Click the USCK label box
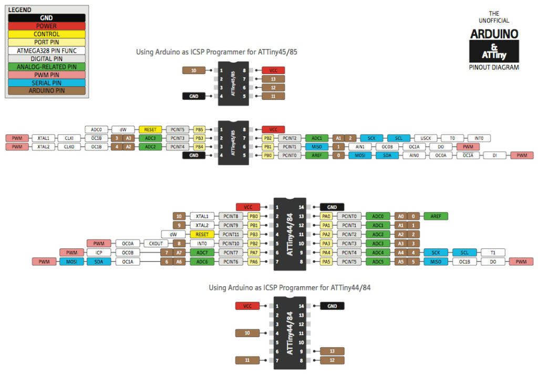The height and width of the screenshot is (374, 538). point(426,138)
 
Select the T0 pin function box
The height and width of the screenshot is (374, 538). point(452,138)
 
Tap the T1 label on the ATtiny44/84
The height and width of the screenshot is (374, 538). point(492,252)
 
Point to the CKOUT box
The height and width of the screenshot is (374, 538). point(156,244)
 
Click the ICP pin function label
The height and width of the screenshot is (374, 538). point(99,252)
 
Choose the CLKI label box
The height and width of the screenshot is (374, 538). point(69,138)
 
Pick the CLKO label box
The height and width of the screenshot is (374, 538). point(69,147)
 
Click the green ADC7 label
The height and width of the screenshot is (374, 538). point(202,252)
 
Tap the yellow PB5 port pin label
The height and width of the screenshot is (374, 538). point(199,129)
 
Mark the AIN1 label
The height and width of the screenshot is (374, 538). point(360,147)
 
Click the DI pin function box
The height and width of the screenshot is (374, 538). point(495,156)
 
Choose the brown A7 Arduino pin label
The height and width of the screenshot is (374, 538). point(179,252)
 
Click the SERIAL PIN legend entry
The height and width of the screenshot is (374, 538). point(46,83)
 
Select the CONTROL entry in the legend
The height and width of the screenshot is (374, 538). point(46,34)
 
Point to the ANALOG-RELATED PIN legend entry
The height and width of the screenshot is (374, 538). point(46,67)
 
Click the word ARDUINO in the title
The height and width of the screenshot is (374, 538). point(494,34)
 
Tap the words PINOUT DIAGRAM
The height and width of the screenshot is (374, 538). point(494,67)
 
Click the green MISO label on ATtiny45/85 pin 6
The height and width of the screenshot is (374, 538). point(316,147)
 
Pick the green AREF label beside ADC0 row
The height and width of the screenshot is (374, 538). point(436,216)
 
